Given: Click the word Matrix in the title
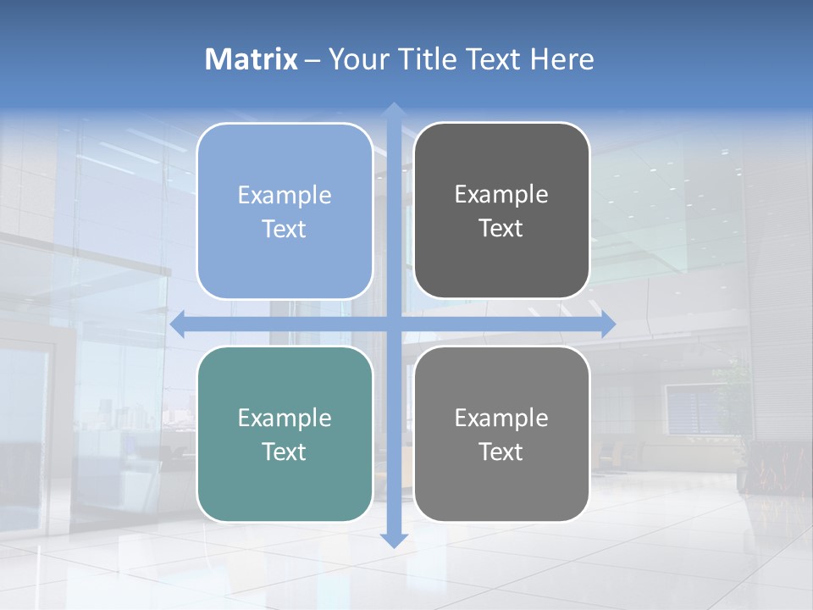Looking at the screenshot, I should click(252, 59).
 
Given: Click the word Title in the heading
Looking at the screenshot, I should click(424, 59).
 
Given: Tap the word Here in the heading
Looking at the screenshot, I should click(561, 59).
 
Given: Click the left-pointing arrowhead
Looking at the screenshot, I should click(178, 324).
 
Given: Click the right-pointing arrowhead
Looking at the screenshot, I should click(608, 324).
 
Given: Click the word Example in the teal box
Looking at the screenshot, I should click(285, 418).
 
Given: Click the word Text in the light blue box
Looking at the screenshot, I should click(285, 229).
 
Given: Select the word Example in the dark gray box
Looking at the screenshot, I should click(501, 194).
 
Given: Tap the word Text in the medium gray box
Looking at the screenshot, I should click(501, 452).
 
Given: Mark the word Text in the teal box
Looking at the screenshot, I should click(285, 452).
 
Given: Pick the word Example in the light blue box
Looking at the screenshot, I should click(285, 195).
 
